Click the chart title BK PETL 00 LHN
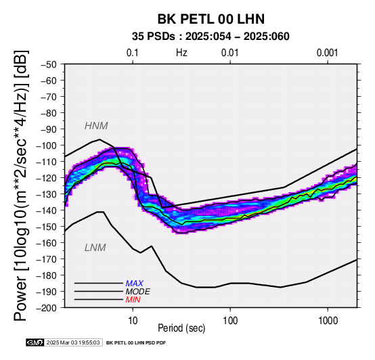click(211, 19)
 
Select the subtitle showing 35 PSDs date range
click(211, 37)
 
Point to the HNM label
click(96, 126)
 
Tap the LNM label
click(95, 248)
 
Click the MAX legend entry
click(135, 284)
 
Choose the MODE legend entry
click(138, 292)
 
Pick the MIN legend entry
click(133, 300)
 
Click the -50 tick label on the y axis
click(49, 64)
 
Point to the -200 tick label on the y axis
click(47, 308)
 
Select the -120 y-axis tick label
click(47, 178)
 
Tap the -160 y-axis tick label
click(47, 243)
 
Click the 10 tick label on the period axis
click(133, 320)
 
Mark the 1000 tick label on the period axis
click(328, 320)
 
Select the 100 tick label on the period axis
click(230, 320)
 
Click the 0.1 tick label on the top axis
click(133, 53)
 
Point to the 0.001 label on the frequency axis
click(328, 53)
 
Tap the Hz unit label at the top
click(181, 53)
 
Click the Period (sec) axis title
click(181, 328)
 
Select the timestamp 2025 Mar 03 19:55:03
click(73, 342)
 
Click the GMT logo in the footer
click(35, 342)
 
